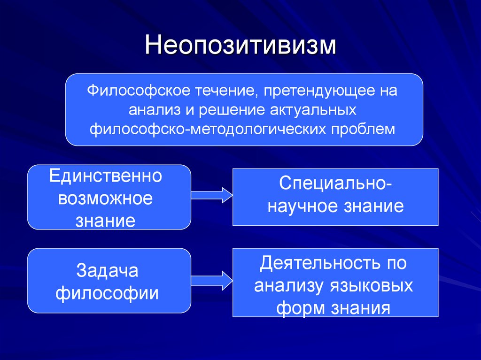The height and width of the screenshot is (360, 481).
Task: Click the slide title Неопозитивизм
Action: click(x=240, y=45)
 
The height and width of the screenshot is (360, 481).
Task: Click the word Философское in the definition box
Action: click(x=139, y=91)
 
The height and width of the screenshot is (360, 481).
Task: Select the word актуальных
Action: click(x=313, y=110)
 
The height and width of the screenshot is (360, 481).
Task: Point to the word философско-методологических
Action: click(x=208, y=129)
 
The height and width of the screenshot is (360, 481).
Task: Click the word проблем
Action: click(x=363, y=130)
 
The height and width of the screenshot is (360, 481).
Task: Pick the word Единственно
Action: click(x=106, y=176)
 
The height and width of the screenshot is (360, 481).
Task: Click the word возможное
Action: click(x=105, y=199)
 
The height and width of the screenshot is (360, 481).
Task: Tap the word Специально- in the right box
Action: click(x=335, y=184)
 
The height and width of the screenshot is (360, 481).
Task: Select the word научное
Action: click(x=303, y=206)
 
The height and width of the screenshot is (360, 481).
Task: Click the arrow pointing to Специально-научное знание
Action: click(x=212, y=195)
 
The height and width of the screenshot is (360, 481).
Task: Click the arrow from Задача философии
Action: click(x=212, y=281)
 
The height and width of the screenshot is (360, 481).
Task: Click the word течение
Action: click(x=226, y=91)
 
